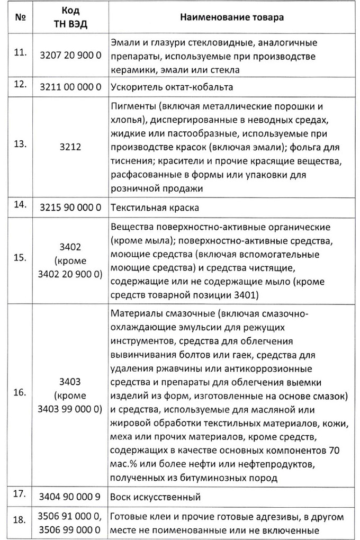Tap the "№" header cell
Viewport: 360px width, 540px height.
(x=22, y=17)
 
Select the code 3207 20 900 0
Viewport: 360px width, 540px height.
(x=70, y=56)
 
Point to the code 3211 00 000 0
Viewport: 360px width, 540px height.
(x=70, y=87)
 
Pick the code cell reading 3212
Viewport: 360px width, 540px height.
(x=70, y=148)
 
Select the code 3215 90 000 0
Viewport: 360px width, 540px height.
(x=70, y=208)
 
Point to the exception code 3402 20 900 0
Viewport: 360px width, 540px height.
(x=70, y=274)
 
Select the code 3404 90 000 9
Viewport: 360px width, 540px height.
(x=70, y=498)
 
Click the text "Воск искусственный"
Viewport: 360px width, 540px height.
(x=156, y=498)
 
